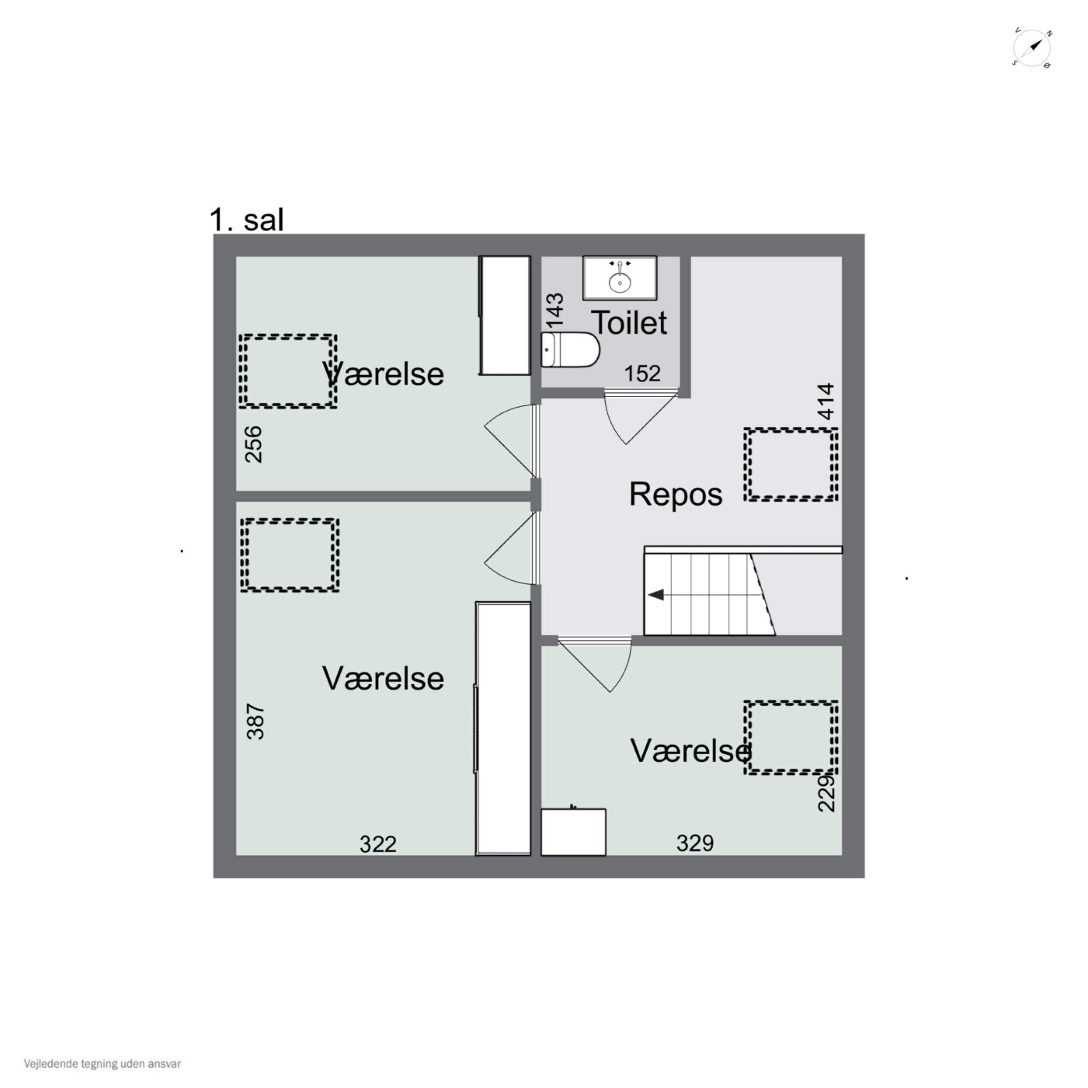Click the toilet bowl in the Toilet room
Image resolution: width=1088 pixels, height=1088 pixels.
[x=570, y=349]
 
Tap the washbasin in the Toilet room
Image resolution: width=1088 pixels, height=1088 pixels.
[x=619, y=278]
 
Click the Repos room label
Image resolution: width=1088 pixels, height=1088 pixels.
[x=675, y=494]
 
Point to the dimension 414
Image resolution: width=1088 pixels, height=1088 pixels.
[x=825, y=401]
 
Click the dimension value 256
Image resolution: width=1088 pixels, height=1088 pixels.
[x=254, y=444]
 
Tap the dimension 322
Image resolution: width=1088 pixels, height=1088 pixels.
[x=378, y=844]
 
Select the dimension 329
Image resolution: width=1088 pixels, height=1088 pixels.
[x=695, y=842]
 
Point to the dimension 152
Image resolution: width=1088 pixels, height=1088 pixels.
[x=642, y=374]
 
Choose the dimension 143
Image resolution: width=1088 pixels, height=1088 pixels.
[x=555, y=310]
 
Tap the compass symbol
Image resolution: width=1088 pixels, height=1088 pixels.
[x=1032, y=49]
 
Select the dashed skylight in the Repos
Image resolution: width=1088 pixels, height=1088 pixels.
[x=791, y=465]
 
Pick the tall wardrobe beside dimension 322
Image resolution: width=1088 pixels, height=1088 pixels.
[x=503, y=729]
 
